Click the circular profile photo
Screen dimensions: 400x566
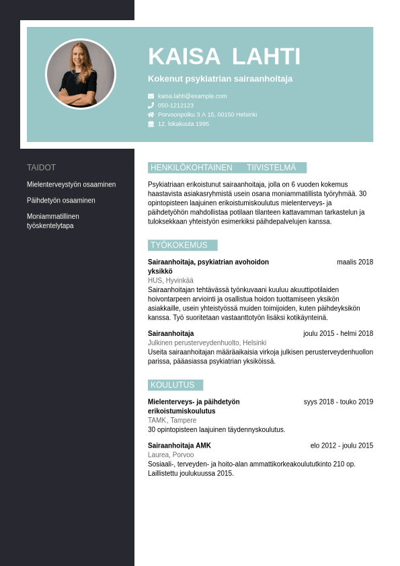(x=81, y=74)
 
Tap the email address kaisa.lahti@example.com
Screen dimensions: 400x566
(x=192, y=96)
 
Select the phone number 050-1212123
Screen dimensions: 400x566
(x=175, y=106)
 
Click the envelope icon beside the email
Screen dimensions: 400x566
(x=151, y=96)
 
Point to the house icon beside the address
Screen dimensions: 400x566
(x=151, y=115)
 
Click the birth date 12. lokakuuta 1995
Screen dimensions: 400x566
(x=184, y=125)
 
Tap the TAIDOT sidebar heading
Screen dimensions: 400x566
(x=41, y=168)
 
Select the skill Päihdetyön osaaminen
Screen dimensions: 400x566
(x=61, y=201)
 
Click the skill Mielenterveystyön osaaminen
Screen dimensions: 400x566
(x=71, y=184)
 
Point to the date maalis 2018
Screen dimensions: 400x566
(x=355, y=262)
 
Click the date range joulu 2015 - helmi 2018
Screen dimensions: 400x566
(x=338, y=333)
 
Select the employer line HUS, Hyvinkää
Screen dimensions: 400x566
(x=171, y=281)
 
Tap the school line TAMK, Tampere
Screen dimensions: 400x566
(x=172, y=421)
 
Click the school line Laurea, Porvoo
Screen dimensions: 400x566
(x=171, y=455)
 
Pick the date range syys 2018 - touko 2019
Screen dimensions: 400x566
(x=338, y=402)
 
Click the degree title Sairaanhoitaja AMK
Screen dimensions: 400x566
(x=179, y=446)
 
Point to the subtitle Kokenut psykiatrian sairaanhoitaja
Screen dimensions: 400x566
(x=221, y=79)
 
